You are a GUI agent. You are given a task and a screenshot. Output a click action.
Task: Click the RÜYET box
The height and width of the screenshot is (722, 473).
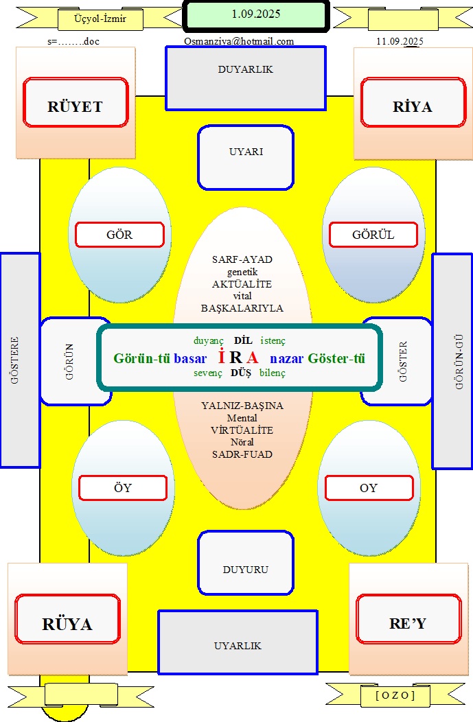click(x=76, y=102)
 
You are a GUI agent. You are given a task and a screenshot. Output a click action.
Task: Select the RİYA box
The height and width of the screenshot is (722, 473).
click(x=413, y=102)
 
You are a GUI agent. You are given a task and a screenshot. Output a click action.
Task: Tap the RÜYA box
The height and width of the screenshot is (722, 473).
click(x=68, y=619)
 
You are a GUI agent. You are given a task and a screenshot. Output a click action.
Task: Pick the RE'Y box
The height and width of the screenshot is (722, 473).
click(x=408, y=619)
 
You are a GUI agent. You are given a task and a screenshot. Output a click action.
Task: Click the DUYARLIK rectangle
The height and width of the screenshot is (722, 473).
click(x=246, y=78)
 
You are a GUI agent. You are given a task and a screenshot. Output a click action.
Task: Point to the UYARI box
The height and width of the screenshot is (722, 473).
click(x=246, y=157)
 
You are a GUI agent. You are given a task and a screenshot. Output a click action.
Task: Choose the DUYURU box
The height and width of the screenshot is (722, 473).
click(x=246, y=563)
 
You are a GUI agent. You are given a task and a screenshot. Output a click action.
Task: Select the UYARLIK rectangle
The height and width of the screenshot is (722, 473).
click(x=238, y=642)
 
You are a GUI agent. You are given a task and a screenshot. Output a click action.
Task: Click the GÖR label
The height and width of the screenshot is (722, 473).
click(x=119, y=235)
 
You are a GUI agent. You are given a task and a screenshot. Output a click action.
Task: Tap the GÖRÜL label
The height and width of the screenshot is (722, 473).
click(x=373, y=235)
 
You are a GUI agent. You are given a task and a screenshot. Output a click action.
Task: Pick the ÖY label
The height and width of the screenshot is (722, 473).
click(x=123, y=488)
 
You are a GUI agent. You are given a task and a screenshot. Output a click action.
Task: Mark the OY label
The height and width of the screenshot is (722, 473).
click(x=369, y=488)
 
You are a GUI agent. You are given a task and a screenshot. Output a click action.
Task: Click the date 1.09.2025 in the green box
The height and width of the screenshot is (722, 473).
click(x=256, y=14)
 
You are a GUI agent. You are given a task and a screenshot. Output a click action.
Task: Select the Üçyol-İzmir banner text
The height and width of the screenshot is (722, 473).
click(x=100, y=19)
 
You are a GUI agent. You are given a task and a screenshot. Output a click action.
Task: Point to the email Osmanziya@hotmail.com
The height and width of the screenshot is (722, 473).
click(x=239, y=41)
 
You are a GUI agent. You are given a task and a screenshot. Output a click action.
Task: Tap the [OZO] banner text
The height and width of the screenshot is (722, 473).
click(x=395, y=695)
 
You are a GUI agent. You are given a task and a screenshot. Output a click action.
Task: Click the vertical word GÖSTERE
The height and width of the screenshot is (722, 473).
click(x=14, y=360)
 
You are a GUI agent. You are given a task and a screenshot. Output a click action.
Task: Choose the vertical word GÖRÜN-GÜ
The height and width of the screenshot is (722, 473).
click(x=459, y=362)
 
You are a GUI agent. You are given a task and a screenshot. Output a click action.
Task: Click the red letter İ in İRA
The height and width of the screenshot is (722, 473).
click(x=222, y=357)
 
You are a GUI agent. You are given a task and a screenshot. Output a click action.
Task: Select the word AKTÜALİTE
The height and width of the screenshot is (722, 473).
click(x=242, y=284)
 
